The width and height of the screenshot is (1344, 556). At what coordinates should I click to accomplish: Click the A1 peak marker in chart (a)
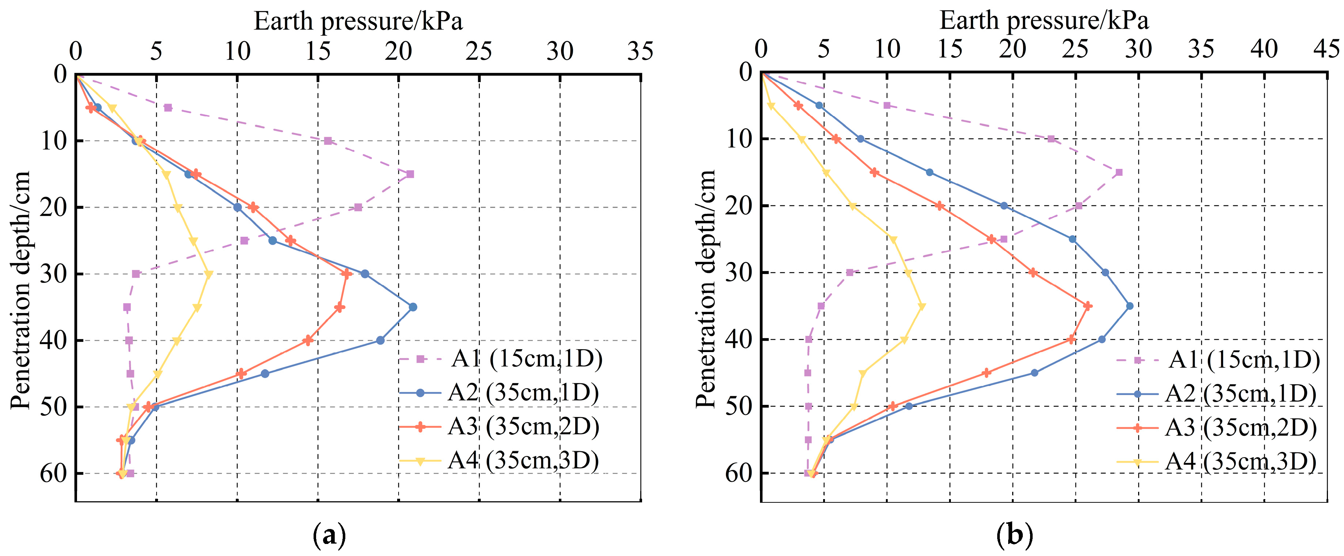pos(410,174)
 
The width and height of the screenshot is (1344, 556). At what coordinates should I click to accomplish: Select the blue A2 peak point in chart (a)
pos(413,307)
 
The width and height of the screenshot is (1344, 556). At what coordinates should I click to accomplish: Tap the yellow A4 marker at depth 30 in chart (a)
pos(209,274)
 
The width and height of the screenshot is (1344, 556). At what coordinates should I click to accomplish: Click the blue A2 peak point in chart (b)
pos(1130,306)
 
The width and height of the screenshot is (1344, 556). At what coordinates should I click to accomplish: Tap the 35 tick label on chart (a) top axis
pos(640,51)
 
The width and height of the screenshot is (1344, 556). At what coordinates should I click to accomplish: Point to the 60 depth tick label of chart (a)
pos(54,473)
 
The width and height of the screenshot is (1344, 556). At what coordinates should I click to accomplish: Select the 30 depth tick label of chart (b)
pos(739,272)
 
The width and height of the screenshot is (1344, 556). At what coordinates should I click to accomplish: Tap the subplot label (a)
pos(329,535)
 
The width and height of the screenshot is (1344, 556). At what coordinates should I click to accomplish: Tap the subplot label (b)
pos(1015,535)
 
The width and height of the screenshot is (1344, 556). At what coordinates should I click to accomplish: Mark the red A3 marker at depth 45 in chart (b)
pos(986,372)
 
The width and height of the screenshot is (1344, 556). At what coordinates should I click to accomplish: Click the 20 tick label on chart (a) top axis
pos(398,51)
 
